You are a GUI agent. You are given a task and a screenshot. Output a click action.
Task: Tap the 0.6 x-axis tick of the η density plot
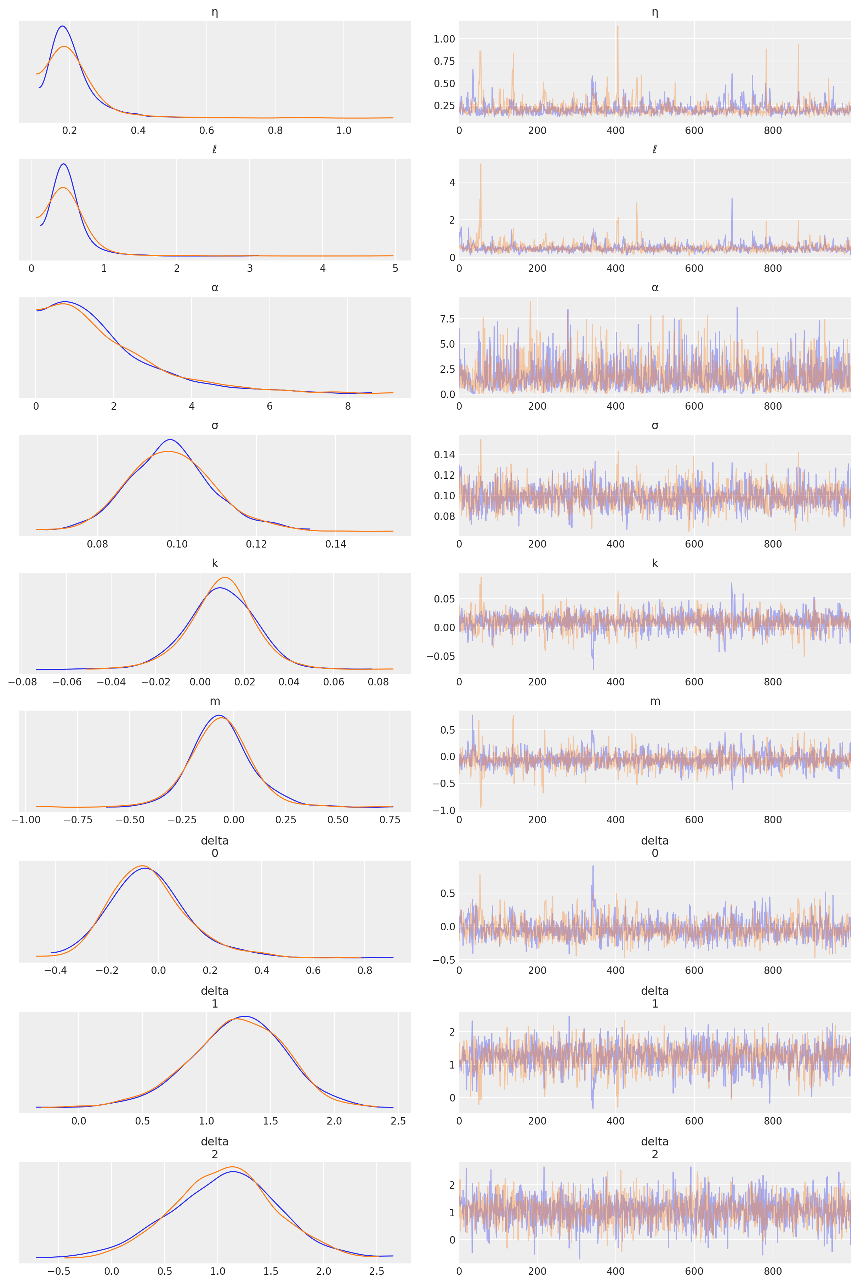206,130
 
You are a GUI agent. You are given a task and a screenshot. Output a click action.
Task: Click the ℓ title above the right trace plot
654,150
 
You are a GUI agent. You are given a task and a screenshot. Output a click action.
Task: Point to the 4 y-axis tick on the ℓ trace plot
452,182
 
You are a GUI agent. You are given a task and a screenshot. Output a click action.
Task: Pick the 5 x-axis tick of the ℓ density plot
395,268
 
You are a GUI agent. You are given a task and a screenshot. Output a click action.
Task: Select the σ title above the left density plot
215,425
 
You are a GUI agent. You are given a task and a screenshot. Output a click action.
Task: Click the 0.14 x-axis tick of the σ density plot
335,544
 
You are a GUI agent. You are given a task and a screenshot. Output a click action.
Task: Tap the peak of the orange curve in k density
225,578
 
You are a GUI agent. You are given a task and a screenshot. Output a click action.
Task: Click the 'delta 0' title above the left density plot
215,847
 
